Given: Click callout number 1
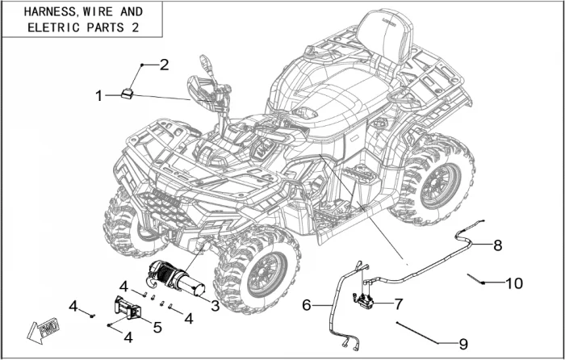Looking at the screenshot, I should coord(99,96).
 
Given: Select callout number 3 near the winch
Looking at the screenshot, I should coord(215,305).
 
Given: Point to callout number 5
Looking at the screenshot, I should coord(157,327).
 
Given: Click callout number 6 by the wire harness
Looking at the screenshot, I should coord(307,305).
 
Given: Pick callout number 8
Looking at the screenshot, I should coord(498,244).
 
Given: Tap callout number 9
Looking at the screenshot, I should coord(462,342).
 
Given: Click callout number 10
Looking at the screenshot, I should coord(514,283).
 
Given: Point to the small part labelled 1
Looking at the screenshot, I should coord(128,93).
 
